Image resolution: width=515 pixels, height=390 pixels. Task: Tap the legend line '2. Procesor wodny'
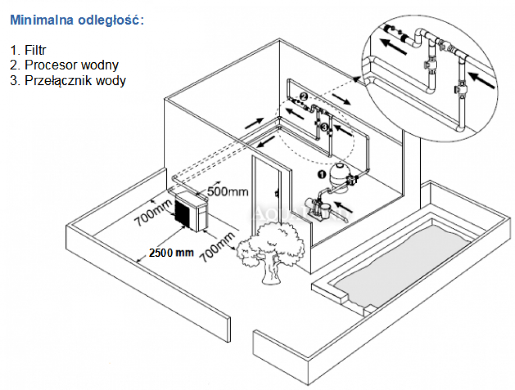pyautogui.click(x=65, y=65)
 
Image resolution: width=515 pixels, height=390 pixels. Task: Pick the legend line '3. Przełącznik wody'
pyautogui.click(x=68, y=80)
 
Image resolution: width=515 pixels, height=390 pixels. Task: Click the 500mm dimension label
pyautogui.click(x=228, y=192)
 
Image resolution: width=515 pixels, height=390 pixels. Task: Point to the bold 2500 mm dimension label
pyautogui.click(x=170, y=253)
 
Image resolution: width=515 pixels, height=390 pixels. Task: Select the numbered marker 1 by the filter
pyautogui.click(x=321, y=174)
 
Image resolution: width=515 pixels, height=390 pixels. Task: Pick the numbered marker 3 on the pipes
pyautogui.click(x=324, y=127)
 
